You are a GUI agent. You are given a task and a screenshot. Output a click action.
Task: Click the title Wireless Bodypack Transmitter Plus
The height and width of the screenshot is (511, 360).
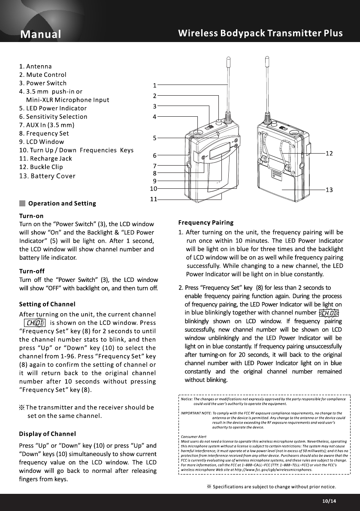(260, 33)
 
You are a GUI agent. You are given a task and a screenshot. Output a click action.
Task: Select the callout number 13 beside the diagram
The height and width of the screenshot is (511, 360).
(330, 190)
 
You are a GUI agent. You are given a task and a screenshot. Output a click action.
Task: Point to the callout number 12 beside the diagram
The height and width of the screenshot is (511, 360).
(330, 153)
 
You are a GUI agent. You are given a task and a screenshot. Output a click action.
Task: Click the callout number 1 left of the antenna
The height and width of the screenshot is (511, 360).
(154, 85)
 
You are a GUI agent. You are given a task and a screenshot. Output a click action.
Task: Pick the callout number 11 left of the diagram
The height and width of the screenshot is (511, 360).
(153, 199)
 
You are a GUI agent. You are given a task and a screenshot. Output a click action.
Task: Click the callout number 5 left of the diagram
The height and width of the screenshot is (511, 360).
(154, 138)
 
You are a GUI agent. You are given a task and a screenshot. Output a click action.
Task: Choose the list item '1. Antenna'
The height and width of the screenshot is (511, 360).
(36, 67)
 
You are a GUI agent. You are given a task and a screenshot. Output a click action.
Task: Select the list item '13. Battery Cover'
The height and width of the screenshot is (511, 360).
(47, 176)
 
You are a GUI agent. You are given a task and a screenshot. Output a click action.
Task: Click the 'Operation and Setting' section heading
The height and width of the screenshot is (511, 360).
(62, 203)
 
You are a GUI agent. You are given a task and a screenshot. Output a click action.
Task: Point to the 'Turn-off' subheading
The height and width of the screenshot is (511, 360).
(32, 271)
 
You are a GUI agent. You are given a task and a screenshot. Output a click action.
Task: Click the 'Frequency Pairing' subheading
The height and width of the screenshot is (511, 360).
(206, 222)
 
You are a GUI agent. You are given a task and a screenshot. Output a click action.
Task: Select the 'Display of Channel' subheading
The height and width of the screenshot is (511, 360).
(48, 434)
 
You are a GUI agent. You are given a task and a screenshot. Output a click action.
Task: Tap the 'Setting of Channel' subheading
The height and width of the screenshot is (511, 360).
(47, 304)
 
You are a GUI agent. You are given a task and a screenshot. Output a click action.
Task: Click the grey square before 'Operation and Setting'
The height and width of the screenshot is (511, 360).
(22, 203)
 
